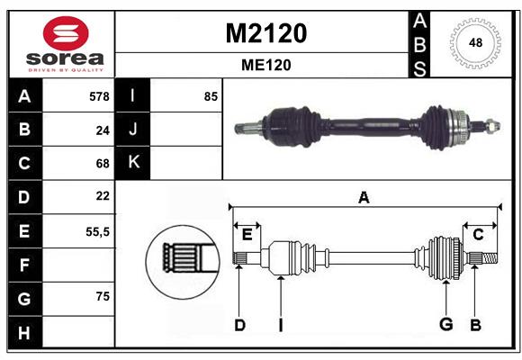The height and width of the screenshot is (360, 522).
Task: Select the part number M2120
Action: [265, 33]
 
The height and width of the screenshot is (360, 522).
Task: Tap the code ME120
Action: [265, 65]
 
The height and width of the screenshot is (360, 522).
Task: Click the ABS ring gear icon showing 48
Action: [473, 43]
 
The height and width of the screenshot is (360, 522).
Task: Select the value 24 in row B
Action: [103, 130]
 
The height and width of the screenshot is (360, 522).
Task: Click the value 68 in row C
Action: [103, 164]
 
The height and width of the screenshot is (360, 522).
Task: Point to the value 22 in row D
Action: [103, 196]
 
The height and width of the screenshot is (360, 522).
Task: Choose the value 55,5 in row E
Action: [97, 230]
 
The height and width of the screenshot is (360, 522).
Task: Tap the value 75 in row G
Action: [103, 296]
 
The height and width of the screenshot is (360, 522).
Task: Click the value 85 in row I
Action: [211, 96]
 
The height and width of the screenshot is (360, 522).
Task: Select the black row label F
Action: [24, 265]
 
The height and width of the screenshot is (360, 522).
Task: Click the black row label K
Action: [133, 163]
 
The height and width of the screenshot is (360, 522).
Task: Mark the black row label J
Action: [133, 130]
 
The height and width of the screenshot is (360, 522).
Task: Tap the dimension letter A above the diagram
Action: [364, 198]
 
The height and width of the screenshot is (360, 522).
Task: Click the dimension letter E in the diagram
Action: [247, 235]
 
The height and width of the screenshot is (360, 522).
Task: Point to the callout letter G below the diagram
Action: [445, 325]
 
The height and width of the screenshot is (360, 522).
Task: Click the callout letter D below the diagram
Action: [239, 325]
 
